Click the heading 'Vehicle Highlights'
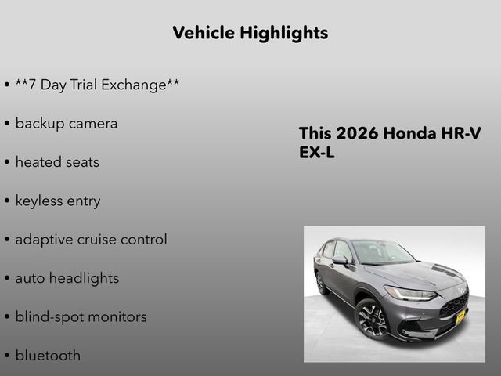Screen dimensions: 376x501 pyautogui.click(x=250, y=33)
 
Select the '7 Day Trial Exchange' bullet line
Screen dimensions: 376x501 pyautogui.click(x=97, y=85)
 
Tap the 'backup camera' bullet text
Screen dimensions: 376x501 pyautogui.click(x=67, y=123)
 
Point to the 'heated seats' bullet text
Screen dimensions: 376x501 pyautogui.click(x=57, y=162)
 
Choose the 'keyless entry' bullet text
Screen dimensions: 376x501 pyautogui.click(x=58, y=201)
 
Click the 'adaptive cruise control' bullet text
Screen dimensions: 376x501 pyautogui.click(x=91, y=240)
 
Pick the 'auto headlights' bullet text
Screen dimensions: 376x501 pyautogui.click(x=67, y=278)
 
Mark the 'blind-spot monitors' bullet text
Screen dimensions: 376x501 pyautogui.click(x=81, y=316)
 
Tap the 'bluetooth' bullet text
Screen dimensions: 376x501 pyautogui.click(x=48, y=355)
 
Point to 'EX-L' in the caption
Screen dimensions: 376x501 pyautogui.click(x=317, y=153)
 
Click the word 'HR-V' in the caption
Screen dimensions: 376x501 pyautogui.click(x=463, y=133)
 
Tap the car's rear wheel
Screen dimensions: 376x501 pyautogui.click(x=321, y=283)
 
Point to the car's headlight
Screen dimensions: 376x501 pyautogui.click(x=409, y=293)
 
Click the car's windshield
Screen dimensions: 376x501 pyautogui.click(x=382, y=252)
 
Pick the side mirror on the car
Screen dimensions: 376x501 pyautogui.click(x=340, y=259)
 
